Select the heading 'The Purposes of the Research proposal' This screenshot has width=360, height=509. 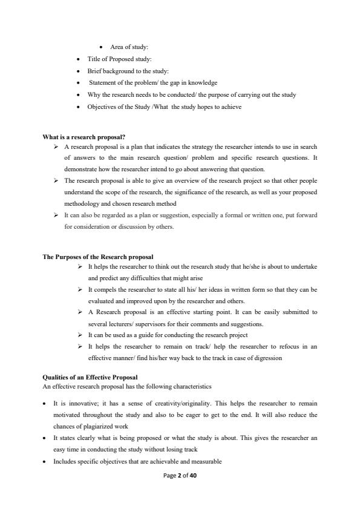(97, 257)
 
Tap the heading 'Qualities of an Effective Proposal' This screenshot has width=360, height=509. (90, 377)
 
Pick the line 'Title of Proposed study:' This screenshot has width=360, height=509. (119, 59)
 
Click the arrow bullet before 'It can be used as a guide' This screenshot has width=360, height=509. (80, 335)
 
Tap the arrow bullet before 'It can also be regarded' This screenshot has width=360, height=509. (56, 215)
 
